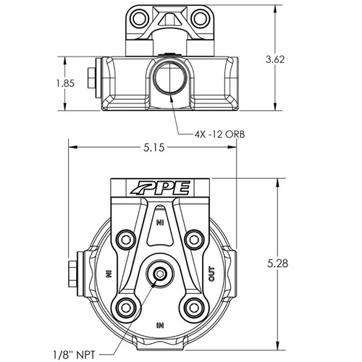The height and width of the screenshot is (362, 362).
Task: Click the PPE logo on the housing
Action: pos(161,190)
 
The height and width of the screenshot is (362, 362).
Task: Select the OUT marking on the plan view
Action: pos(211,274)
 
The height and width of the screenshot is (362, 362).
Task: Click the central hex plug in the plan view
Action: pos(159,274)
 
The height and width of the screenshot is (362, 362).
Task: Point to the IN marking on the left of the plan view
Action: pos(109,274)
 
